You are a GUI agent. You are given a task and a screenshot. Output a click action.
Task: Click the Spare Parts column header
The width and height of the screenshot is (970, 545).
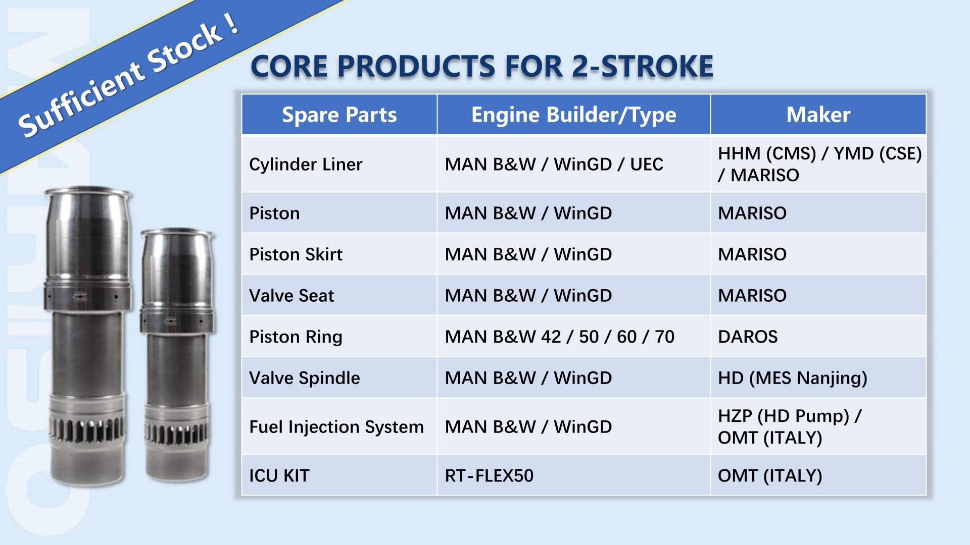(339, 115)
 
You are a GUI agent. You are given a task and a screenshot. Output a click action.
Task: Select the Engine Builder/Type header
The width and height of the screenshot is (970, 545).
(573, 115)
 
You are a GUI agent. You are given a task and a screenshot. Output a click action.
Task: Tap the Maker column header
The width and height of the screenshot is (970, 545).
(818, 115)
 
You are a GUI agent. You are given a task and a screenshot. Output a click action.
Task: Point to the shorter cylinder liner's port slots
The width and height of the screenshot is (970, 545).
(176, 433)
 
